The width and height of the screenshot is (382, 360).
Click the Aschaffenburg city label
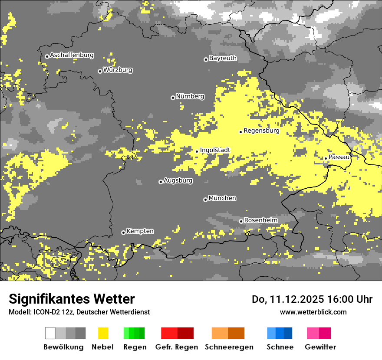(72, 56)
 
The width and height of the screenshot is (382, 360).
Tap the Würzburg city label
(118, 70)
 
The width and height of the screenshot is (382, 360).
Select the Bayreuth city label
(223, 58)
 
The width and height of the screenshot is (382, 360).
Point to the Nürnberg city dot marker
(173, 98)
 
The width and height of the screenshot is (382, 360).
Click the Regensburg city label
(261, 131)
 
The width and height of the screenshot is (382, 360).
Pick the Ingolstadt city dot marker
(197, 151)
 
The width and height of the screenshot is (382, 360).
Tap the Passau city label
(339, 157)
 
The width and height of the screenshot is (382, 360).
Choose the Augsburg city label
(178, 181)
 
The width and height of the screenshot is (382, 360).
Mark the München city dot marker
(205, 200)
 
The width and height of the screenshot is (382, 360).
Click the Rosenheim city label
(260, 220)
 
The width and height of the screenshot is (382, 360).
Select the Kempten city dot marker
(123, 232)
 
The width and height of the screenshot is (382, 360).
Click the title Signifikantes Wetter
(72, 299)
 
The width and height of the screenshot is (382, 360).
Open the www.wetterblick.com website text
(313, 312)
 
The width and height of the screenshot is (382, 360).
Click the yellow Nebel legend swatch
(103, 333)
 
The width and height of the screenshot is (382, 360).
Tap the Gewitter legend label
(320, 347)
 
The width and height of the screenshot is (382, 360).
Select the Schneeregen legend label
(229, 347)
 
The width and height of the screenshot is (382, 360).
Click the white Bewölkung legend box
(50, 333)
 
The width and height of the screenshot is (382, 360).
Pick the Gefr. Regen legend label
(177, 347)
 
